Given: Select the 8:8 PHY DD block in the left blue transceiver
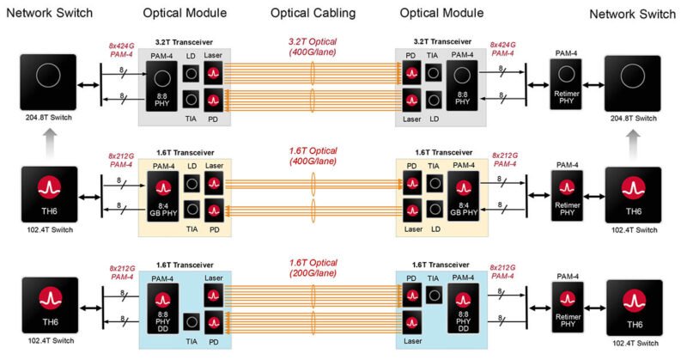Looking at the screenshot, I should point(160,305).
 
